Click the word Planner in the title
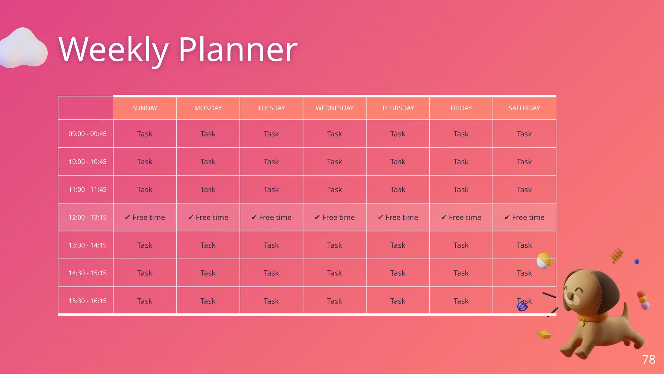point(238,49)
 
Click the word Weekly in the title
point(113,49)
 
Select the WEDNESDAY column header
point(334,108)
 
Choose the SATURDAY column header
point(524,108)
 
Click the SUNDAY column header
point(145,108)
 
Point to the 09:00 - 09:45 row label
point(87,134)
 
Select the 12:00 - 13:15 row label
point(87,217)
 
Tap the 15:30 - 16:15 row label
point(87,301)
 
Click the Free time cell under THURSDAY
point(398,217)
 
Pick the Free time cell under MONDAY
point(208,217)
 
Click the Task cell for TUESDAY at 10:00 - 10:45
point(271,162)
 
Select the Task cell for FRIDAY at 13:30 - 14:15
point(461,245)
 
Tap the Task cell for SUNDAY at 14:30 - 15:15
point(145,273)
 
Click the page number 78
point(648,359)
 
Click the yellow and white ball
point(544,260)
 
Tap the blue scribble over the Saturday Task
point(522,306)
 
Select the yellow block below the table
point(544,334)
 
